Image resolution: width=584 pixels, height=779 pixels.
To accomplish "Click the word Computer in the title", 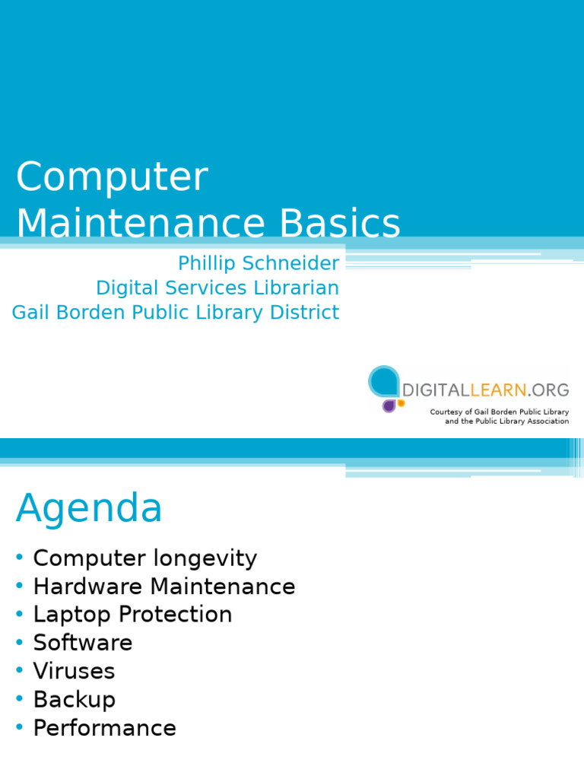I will point(112,178).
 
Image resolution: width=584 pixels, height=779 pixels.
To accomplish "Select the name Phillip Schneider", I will point(259,263).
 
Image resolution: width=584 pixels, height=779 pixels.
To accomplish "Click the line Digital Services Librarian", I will point(217,288).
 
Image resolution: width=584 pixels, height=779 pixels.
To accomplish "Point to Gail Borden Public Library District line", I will point(176,312).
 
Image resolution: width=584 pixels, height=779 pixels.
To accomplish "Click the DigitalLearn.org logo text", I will point(485,389).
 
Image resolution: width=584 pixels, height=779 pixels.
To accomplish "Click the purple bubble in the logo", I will point(389,405).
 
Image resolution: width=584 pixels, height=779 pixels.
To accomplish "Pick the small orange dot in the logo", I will point(401,402).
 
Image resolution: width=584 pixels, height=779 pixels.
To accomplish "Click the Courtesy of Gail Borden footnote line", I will point(499,412).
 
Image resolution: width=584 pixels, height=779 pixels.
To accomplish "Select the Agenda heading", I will point(89,507).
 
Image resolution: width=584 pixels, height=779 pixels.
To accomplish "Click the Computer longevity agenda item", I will point(144,558).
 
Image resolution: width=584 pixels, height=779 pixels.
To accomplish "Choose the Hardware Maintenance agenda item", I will point(163,587).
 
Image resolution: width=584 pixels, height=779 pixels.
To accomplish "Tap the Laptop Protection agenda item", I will point(132,615).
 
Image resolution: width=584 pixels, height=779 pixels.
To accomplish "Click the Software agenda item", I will point(83,643).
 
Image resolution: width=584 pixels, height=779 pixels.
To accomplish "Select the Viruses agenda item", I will point(74,671).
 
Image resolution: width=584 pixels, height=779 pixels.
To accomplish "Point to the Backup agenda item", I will point(74,699).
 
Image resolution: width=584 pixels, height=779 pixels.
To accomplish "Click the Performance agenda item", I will point(104,728).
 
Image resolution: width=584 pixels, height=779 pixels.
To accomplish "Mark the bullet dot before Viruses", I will point(19,671).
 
